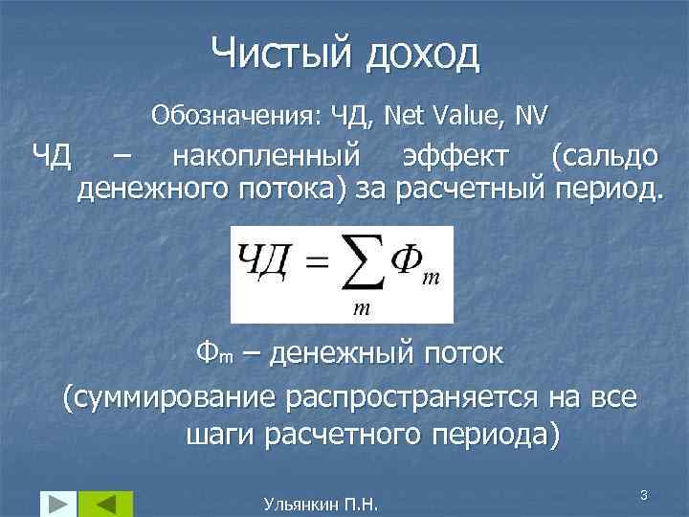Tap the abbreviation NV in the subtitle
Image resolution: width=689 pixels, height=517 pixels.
(x=530, y=116)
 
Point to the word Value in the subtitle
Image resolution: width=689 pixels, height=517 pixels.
(x=464, y=116)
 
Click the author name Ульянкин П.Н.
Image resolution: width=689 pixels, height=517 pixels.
(x=320, y=504)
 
